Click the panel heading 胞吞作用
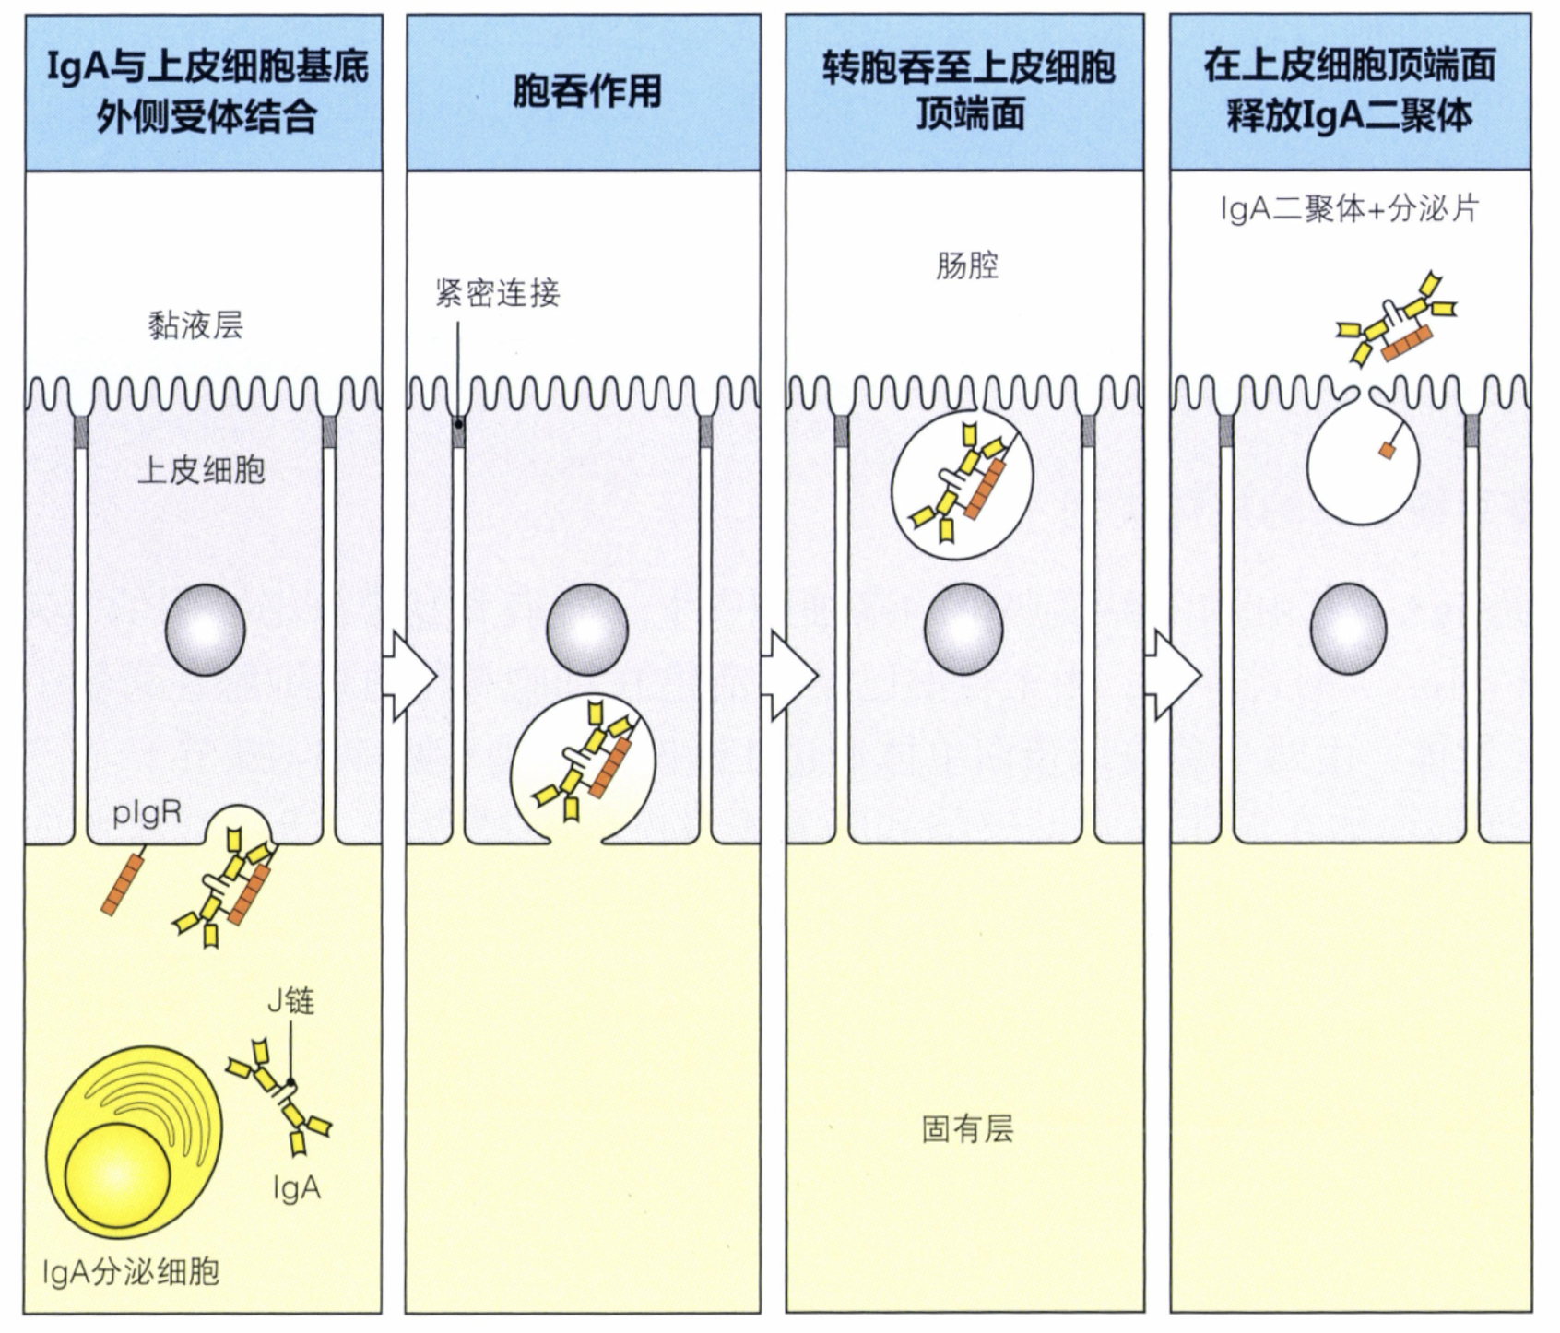pyautogui.click(x=586, y=91)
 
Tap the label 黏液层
pyautogui.click(x=195, y=324)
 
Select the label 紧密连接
pyautogui.click(x=497, y=292)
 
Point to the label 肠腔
pyautogui.click(x=966, y=265)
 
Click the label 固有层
pyautogui.click(x=966, y=1128)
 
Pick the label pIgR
pyautogui.click(x=147, y=814)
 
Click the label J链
pyautogui.click(x=290, y=1000)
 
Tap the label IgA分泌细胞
pyautogui.click(x=131, y=1272)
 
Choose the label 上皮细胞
pyautogui.click(x=201, y=470)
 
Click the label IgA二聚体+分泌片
pyautogui.click(x=1349, y=209)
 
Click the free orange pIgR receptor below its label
pyautogui.click(x=124, y=885)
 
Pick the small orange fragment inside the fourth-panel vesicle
pyautogui.click(x=1387, y=449)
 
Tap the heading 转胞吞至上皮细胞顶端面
pyautogui.click(x=968, y=91)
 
